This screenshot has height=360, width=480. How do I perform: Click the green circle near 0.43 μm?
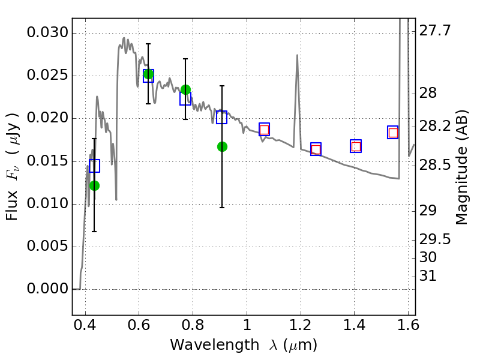click(x=95, y=185)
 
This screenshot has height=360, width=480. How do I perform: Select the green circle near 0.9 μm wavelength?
click(x=222, y=146)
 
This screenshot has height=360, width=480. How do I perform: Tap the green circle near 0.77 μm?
click(x=185, y=89)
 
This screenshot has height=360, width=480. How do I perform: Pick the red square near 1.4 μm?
click(x=356, y=146)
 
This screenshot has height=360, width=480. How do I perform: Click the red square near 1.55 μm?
click(x=393, y=133)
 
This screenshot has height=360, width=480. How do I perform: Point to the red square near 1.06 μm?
click(x=264, y=130)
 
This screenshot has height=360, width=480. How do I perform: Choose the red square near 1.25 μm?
click(x=316, y=149)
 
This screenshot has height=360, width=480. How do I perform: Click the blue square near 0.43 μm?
click(x=95, y=166)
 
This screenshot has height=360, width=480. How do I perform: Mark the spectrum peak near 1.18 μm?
click(x=297, y=55)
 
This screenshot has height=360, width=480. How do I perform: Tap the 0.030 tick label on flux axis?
click(x=47, y=32)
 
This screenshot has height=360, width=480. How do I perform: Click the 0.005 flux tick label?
click(x=47, y=246)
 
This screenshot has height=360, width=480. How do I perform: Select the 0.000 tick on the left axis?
click(x=47, y=289)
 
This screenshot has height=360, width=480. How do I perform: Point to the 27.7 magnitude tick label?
click(x=434, y=31)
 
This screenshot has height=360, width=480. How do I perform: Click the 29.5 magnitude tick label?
click(x=434, y=239)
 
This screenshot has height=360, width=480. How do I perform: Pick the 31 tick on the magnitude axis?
click(x=428, y=276)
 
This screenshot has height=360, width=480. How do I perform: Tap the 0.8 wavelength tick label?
click(x=193, y=325)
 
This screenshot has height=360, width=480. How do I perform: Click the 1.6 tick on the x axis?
click(x=408, y=325)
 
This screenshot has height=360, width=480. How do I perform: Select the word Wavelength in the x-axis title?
click(x=215, y=345)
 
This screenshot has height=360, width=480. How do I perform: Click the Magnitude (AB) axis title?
click(x=462, y=167)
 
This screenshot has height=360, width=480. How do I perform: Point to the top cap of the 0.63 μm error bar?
click(x=148, y=44)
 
